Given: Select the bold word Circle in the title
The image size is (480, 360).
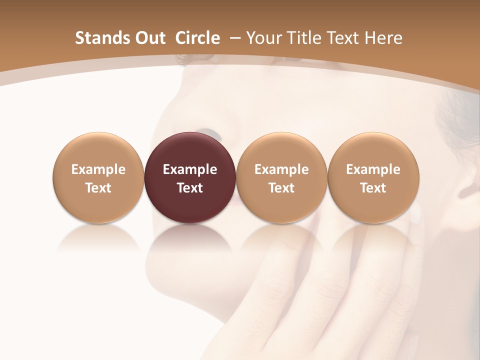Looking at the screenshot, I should point(197,38).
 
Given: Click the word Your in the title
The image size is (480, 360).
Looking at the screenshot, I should point(262,38).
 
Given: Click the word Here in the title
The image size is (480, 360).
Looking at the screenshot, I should point(383,38).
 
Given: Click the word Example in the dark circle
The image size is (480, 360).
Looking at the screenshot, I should point(190,169).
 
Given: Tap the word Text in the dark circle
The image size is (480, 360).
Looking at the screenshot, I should point(190,188).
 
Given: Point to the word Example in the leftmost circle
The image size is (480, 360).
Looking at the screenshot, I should point(98,169).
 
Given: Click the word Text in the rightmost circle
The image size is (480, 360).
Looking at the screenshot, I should point(373,188).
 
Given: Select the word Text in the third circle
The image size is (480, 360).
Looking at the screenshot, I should point(281,188).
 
